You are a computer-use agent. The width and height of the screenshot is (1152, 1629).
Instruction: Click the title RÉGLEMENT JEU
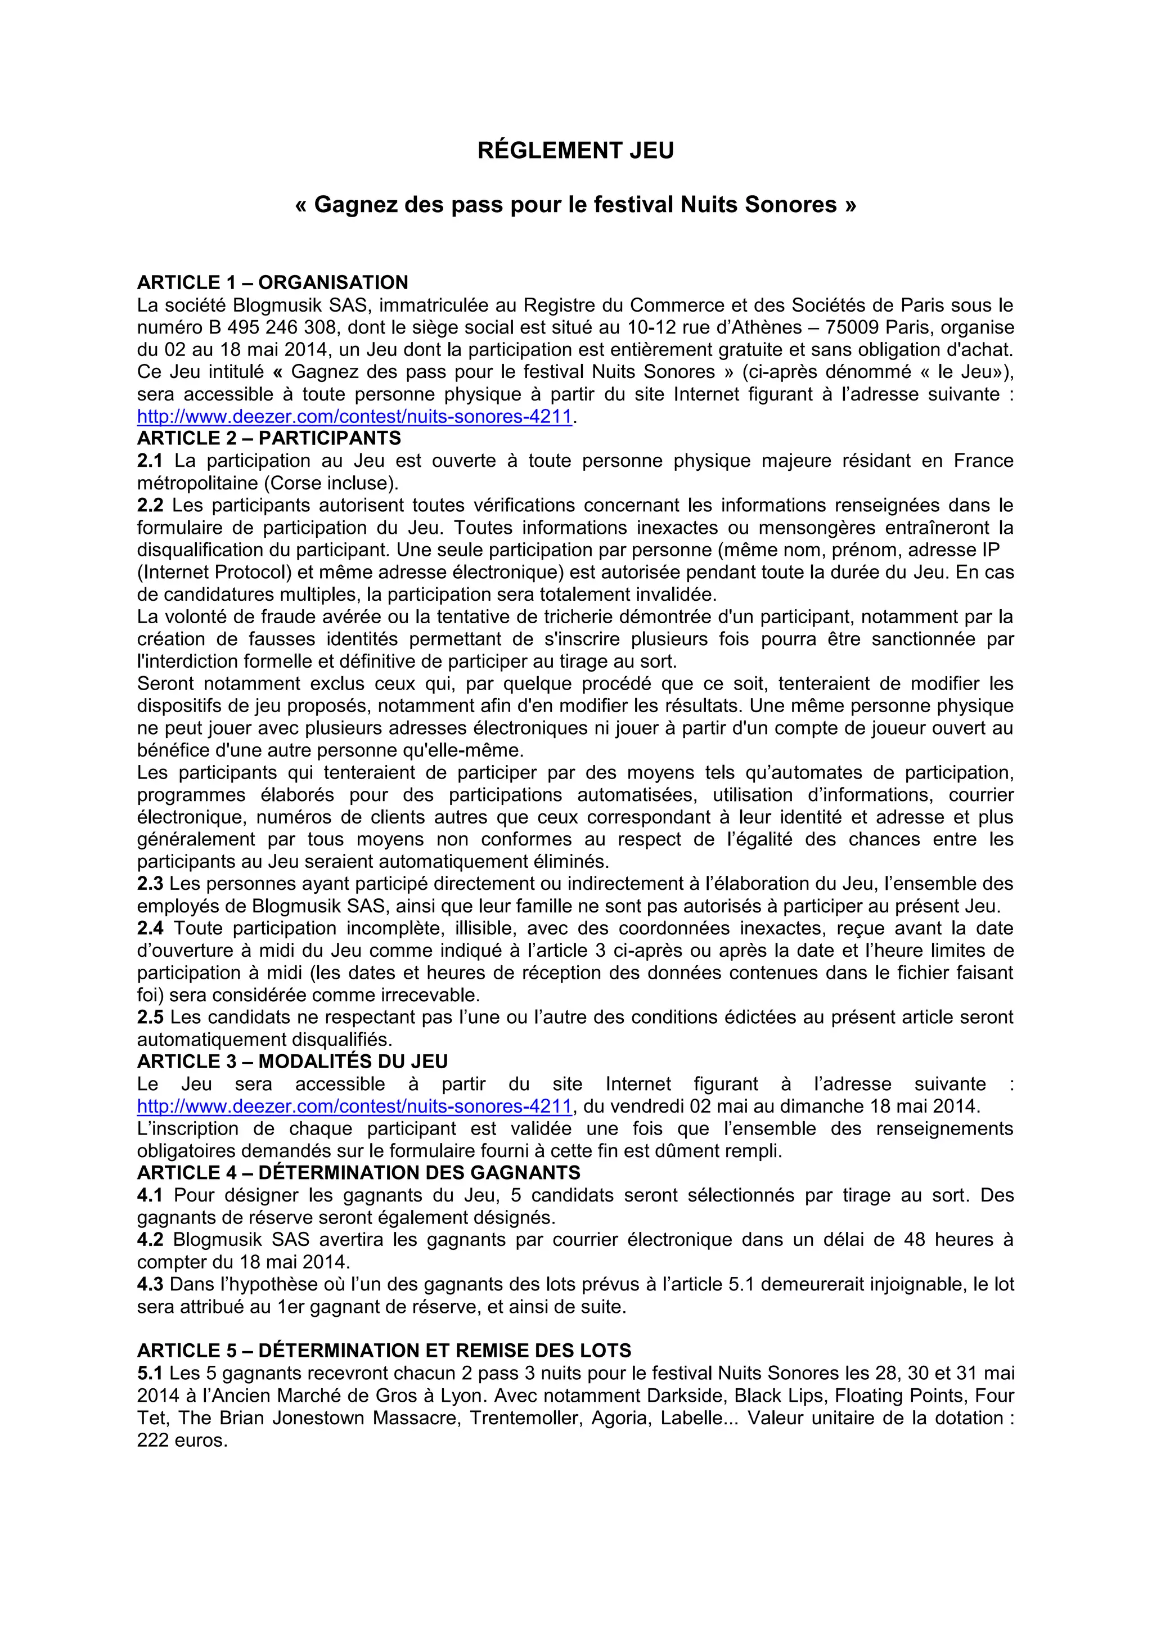tap(575, 150)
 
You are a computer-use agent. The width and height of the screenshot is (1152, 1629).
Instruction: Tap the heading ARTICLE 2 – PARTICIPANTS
tap(269, 438)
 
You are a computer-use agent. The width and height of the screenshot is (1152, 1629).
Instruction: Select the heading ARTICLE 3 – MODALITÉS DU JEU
tap(292, 1061)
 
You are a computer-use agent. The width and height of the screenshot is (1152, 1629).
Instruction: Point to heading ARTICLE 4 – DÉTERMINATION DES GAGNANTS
tap(358, 1173)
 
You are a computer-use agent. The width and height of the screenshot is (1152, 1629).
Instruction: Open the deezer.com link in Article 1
tap(354, 416)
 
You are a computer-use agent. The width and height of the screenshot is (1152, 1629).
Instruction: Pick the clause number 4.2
tap(150, 1240)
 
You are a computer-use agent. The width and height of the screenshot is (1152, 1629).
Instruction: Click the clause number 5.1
tap(150, 1373)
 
